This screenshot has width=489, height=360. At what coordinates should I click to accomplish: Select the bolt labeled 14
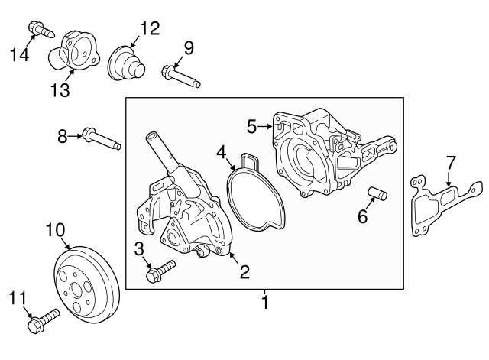point(39,30)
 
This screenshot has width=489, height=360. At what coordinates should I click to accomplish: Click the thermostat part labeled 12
point(124,61)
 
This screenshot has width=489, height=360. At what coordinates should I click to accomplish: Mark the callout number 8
point(63,137)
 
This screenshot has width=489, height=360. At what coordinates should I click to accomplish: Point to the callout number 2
point(244,271)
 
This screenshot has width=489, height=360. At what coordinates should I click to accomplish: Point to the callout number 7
point(451,163)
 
